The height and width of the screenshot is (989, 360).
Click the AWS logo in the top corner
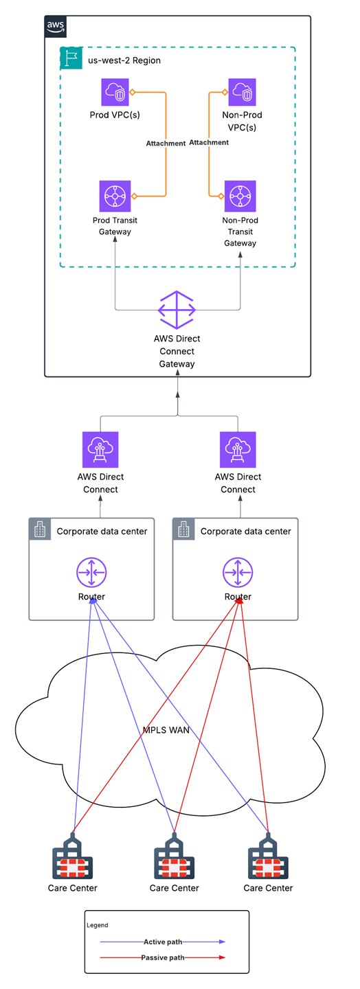click(56, 27)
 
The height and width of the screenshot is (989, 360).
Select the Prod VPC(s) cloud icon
click(115, 92)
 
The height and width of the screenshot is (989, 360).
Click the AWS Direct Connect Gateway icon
click(177, 310)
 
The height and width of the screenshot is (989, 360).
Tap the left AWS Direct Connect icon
click(100, 449)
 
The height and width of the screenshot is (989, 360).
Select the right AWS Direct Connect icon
click(238, 449)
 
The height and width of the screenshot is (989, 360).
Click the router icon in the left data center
click(91, 571)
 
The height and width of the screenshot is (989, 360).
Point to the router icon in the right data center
click(238, 571)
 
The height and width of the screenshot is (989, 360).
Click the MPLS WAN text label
click(166, 729)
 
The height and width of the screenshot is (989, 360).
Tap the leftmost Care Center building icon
click(73, 856)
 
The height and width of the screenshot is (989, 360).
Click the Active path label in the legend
click(163, 942)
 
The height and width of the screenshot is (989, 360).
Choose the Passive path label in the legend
click(163, 957)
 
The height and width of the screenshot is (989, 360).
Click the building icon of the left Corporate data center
click(41, 530)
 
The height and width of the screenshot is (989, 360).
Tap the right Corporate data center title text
click(245, 531)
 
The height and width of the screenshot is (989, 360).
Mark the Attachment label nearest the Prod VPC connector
click(166, 144)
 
